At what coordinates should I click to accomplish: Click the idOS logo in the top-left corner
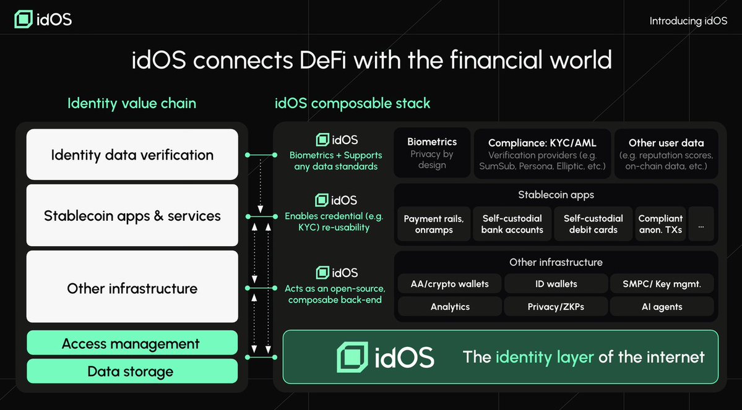point(43,19)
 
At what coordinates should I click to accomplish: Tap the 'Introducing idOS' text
point(688,21)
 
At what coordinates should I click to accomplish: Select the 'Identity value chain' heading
point(132,103)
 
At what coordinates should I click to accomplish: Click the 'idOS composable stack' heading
point(352,103)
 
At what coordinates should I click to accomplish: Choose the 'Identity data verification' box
point(132,155)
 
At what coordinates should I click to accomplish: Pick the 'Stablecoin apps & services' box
point(132,216)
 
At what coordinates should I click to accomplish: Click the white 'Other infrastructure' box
point(132,288)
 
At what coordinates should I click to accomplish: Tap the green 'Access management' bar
point(132,344)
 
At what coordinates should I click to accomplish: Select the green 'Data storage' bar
point(132,372)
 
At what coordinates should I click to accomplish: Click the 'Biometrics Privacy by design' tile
point(432,153)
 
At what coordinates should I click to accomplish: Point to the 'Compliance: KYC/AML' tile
point(541,153)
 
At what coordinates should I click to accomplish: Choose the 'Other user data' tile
point(666,153)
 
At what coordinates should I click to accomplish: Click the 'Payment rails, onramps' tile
point(433,224)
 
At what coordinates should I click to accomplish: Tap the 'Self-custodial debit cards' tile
point(593,224)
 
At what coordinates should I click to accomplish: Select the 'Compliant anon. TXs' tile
point(660,224)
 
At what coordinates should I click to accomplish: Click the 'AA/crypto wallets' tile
point(449,284)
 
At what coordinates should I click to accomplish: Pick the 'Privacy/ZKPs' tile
point(556,307)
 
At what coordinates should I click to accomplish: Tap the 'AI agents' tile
point(662,307)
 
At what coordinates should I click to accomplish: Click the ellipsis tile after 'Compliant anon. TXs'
point(701,224)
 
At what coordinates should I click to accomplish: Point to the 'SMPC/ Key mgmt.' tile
point(662,284)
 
